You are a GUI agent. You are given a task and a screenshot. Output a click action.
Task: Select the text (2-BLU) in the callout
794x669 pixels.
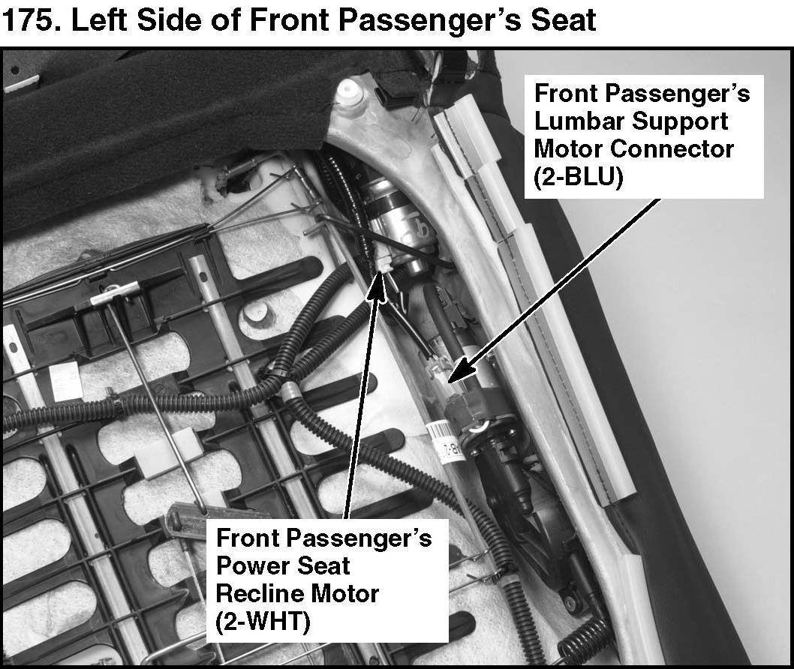click(579, 177)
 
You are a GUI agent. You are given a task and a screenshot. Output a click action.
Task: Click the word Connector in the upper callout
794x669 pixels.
click(672, 148)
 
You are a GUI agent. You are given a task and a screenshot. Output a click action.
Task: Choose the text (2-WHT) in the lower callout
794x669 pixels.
click(263, 622)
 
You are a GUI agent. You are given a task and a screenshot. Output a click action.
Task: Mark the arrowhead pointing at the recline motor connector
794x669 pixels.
click(378, 286)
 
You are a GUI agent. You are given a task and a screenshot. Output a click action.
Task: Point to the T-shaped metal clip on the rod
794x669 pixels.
click(114, 295)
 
